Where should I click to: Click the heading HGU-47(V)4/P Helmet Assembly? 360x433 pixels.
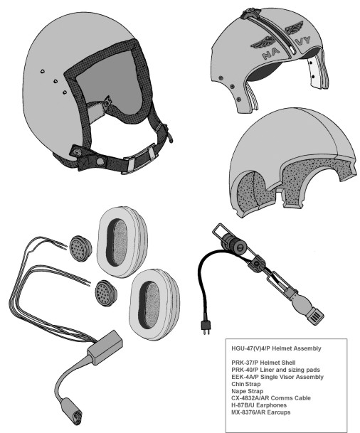(276, 348)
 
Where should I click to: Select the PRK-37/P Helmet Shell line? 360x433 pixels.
(263, 363)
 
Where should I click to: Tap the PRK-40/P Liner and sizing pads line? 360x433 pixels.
(276, 370)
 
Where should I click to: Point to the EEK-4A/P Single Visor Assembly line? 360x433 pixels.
(277, 377)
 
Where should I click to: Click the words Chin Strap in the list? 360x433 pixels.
(246, 384)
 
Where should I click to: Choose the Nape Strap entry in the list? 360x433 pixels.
(248, 391)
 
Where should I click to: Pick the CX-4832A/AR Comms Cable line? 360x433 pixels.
(271, 398)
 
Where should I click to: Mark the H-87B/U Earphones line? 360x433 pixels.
(259, 405)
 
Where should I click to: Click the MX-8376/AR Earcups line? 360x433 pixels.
(261, 412)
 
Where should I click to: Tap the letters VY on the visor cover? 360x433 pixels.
(302, 41)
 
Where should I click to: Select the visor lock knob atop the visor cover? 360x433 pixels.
(250, 13)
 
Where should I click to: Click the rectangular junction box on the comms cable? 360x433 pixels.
(105, 347)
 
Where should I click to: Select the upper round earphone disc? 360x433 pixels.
(80, 248)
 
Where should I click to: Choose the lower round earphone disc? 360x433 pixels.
(106, 293)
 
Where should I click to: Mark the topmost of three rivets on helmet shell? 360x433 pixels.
(42, 71)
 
